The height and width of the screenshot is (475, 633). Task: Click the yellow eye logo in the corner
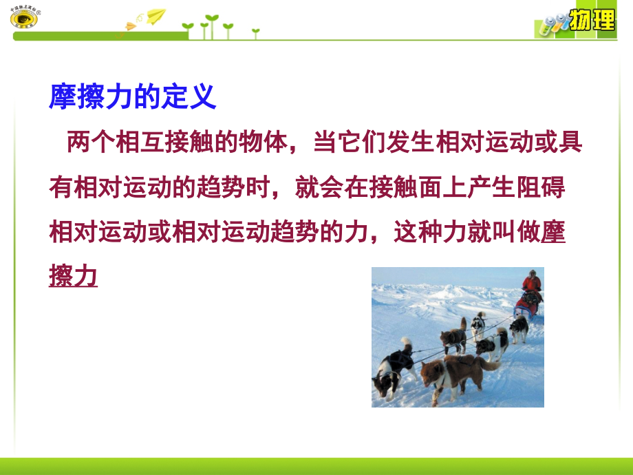[24, 17]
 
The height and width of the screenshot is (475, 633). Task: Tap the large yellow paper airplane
[155, 16]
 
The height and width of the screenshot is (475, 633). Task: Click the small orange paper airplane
[131, 26]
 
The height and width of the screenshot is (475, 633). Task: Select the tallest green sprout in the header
[211, 26]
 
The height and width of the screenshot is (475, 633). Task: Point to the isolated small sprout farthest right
[255, 34]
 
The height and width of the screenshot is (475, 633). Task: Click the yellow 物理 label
[592, 19]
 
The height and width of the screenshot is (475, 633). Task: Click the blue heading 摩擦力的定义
[132, 96]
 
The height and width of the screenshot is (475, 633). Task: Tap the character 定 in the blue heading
[174, 96]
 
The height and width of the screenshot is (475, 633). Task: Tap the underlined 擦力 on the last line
[73, 276]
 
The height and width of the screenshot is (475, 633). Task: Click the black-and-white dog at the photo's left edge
[393, 370]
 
